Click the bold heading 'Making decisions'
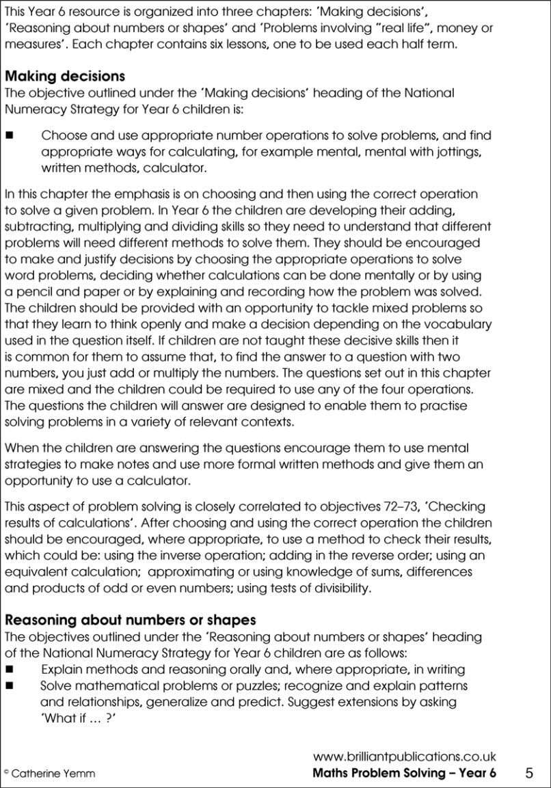64,77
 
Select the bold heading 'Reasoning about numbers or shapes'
131,621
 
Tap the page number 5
530,773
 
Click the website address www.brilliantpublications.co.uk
404,757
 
